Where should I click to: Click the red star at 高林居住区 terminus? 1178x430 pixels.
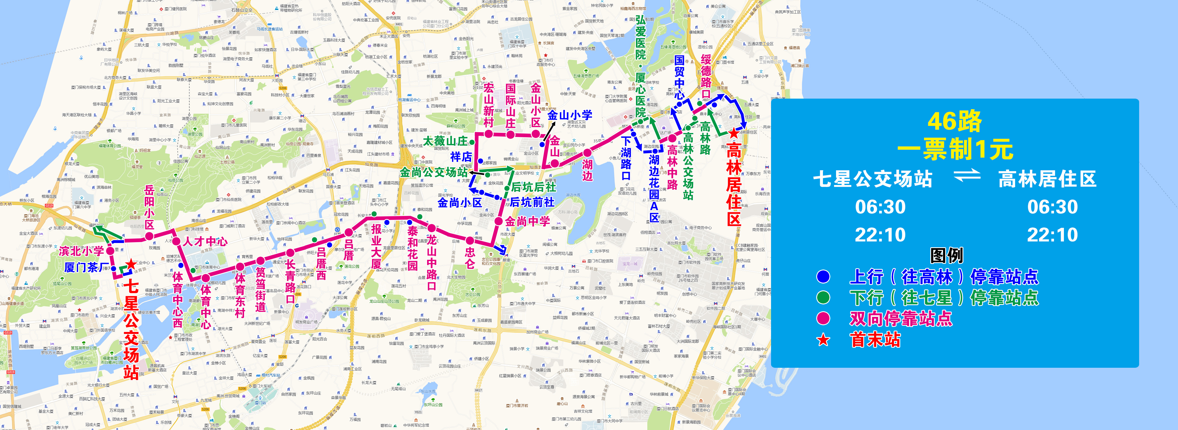coord(734,133)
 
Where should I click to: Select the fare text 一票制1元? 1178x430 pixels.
coord(954,149)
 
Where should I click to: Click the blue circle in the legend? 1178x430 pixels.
coord(823,277)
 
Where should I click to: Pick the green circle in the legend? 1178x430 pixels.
coord(823,298)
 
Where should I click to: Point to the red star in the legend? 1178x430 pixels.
coord(823,340)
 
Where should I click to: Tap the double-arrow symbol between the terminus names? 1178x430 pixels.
coord(966,175)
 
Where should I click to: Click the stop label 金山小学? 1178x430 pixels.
coord(570,115)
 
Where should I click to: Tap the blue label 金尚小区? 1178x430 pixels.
coord(459,202)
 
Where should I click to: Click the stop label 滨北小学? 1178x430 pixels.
coord(81,251)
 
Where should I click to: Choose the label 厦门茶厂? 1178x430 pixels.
coord(87,267)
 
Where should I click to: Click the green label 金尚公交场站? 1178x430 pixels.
coord(434,172)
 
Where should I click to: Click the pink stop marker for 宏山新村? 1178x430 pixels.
coord(488,134)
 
